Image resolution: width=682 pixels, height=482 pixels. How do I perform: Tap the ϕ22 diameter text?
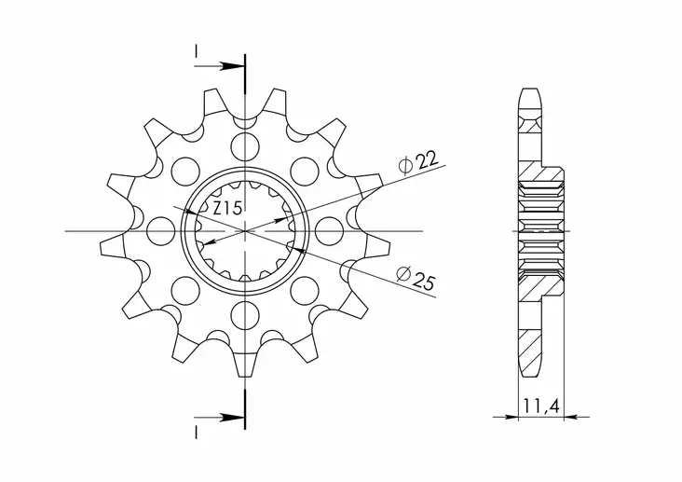[x=416, y=163]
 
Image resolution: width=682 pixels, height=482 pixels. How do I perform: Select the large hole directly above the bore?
[x=246, y=145]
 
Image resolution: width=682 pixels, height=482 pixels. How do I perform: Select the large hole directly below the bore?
[x=246, y=312]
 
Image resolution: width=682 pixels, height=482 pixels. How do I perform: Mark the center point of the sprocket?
[x=246, y=229]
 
